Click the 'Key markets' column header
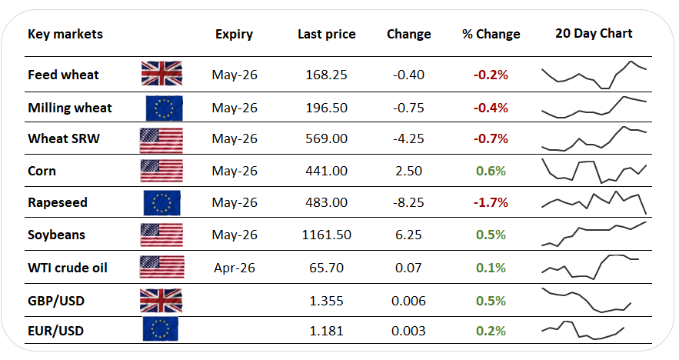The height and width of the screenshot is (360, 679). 65,34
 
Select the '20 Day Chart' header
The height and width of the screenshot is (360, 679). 594,33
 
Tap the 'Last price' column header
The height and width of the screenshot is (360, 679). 327,34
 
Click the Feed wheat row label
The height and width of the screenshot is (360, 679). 63,75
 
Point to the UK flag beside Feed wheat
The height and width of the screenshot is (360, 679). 161,74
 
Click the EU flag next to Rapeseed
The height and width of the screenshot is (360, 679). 161,203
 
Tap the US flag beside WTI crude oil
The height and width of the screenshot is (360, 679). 161,268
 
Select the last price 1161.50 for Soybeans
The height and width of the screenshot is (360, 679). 327,235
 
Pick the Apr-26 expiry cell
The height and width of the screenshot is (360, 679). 233,268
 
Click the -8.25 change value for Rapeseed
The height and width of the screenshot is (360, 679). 408,203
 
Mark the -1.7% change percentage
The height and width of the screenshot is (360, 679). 491,203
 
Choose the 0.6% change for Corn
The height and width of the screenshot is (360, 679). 491,171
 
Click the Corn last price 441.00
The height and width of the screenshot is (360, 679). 327,171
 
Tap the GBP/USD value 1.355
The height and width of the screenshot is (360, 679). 327,300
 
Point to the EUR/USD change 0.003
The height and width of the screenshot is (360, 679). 408,331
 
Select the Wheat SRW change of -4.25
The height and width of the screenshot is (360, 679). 408,138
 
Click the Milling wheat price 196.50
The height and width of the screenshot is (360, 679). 327,107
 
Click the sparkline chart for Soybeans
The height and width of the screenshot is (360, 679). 594,234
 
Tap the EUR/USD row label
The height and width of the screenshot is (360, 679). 55,331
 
